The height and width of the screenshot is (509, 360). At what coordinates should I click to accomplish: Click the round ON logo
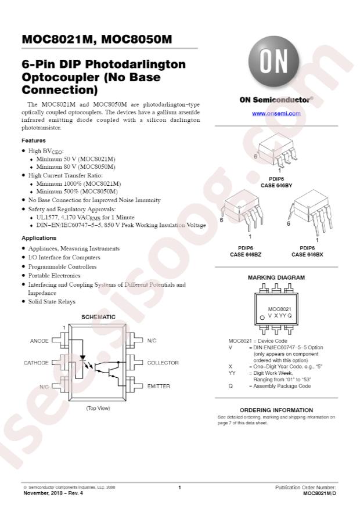[x=273, y=62]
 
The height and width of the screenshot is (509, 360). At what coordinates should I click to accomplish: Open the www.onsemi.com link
[x=276, y=113]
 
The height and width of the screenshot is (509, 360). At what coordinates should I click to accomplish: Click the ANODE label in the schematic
[x=39, y=341]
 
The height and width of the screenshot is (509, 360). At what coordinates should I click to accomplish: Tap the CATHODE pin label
[x=35, y=363]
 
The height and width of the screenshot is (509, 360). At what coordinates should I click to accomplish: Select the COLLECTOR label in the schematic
[x=163, y=363]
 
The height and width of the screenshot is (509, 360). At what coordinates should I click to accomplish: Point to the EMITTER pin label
[x=159, y=387]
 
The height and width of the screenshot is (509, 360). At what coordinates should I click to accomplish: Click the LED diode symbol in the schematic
[x=82, y=358]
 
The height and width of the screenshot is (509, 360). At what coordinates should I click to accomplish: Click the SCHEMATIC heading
[x=98, y=317]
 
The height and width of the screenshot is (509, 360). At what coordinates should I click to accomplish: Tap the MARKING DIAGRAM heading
[x=276, y=277]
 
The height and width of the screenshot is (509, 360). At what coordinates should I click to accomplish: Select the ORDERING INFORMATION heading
[x=276, y=410]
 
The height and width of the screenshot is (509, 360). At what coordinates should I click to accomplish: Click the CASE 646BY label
[x=276, y=185]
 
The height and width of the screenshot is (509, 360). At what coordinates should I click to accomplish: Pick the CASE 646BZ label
[x=246, y=254]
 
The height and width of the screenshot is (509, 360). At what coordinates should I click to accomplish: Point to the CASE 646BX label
[x=307, y=254]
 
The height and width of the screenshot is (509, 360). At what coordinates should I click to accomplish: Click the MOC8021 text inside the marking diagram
[x=279, y=309]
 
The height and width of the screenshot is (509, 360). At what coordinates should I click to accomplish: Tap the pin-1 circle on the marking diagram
[x=262, y=317]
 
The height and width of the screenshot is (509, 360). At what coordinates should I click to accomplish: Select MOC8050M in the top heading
[x=136, y=39]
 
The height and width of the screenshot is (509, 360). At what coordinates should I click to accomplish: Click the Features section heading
[x=34, y=140]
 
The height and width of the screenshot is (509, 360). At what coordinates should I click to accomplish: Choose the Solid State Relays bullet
[x=52, y=302]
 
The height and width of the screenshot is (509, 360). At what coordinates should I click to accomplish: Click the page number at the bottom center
[x=179, y=488]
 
